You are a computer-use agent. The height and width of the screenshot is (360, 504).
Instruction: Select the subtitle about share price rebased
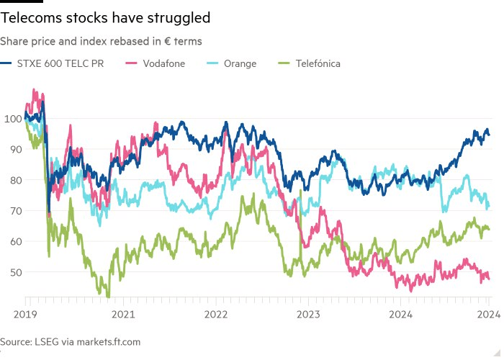(101, 41)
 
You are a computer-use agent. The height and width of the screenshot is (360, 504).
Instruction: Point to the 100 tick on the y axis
(12, 118)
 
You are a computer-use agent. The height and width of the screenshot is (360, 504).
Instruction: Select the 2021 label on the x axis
(124, 314)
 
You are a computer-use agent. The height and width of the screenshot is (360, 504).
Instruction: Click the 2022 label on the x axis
(216, 314)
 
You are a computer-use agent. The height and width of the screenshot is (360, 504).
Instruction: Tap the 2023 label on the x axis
(308, 314)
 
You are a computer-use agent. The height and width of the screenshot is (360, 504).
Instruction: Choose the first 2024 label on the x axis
(400, 314)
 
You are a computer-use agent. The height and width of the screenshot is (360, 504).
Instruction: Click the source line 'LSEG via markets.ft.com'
(70, 342)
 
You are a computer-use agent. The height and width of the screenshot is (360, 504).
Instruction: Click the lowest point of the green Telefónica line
(108, 297)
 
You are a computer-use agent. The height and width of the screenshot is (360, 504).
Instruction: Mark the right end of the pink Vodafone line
(489, 279)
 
